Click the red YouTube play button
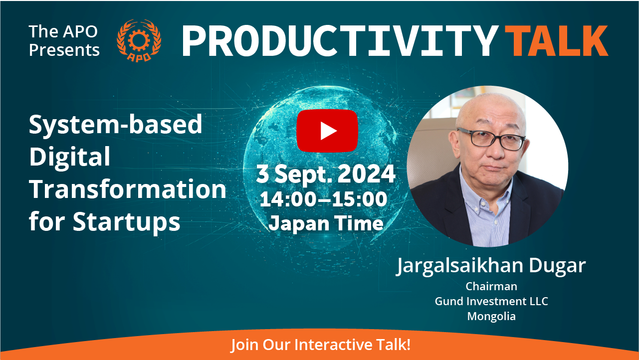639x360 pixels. (327, 131)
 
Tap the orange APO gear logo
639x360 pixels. (139, 40)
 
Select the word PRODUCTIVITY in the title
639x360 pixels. (340, 41)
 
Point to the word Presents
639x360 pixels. (64, 50)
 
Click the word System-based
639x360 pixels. (116, 125)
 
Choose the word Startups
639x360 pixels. (126, 222)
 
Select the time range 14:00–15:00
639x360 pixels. (324, 199)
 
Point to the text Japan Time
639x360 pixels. (326, 223)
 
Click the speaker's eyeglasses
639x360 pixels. (491, 139)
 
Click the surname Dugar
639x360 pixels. (557, 266)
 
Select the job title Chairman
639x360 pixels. (491, 286)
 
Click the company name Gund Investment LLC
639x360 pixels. (491, 301)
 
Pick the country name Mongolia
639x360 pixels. (491, 317)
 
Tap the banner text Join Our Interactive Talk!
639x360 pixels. (320, 345)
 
